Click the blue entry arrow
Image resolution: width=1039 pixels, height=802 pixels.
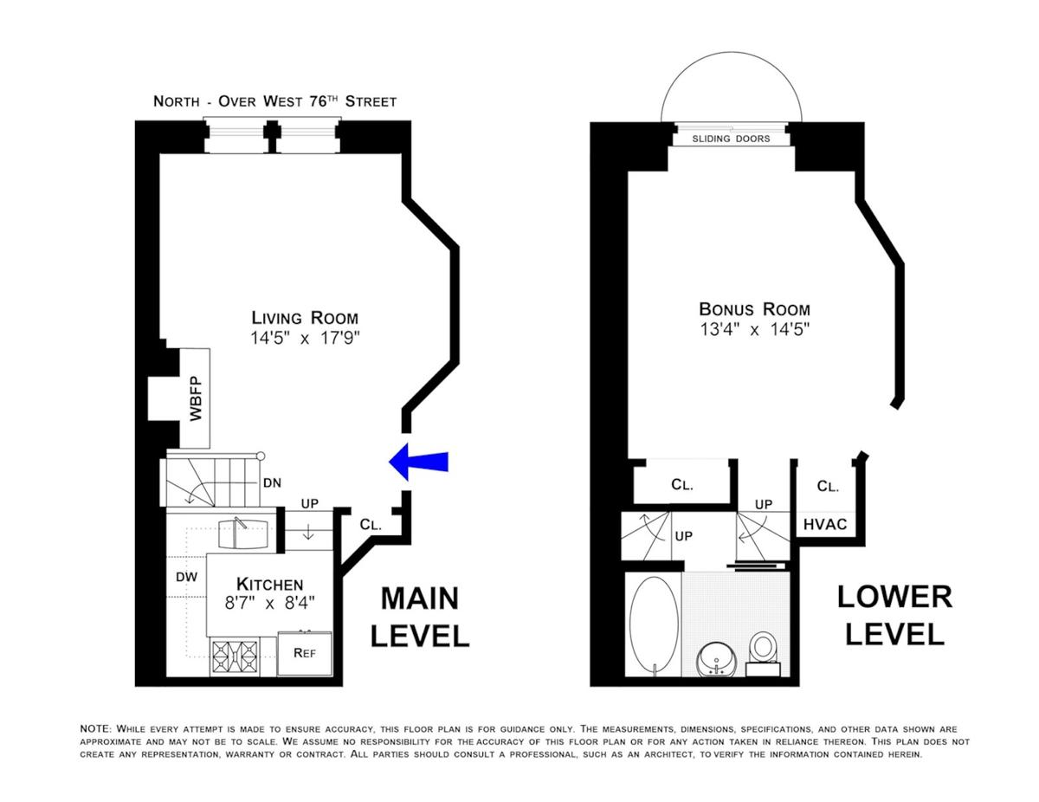point(418,462)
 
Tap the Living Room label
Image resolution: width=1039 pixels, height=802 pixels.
point(305,318)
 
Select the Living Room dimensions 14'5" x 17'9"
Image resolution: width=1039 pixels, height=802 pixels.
point(305,339)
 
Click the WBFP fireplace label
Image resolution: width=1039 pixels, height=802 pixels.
point(196,398)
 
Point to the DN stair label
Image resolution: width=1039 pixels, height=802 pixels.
point(272,483)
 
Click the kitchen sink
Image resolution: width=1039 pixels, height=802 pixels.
point(242,534)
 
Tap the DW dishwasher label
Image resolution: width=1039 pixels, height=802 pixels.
point(186,577)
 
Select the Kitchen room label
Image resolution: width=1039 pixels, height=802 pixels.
point(269,584)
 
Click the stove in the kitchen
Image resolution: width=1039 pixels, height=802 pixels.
point(235,656)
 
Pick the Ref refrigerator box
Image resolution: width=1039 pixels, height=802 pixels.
point(305,653)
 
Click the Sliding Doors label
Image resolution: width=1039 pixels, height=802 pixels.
point(731,139)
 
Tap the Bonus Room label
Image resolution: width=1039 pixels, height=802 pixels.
point(754,309)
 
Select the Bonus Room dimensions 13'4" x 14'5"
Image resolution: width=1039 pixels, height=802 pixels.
point(754,329)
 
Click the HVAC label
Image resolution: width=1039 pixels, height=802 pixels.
point(825,525)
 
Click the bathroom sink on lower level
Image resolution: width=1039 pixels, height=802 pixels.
point(717,661)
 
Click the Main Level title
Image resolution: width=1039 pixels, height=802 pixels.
point(420,617)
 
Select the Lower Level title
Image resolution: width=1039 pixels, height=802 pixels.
point(894,616)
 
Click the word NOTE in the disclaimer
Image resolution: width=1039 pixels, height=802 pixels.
point(95,729)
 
